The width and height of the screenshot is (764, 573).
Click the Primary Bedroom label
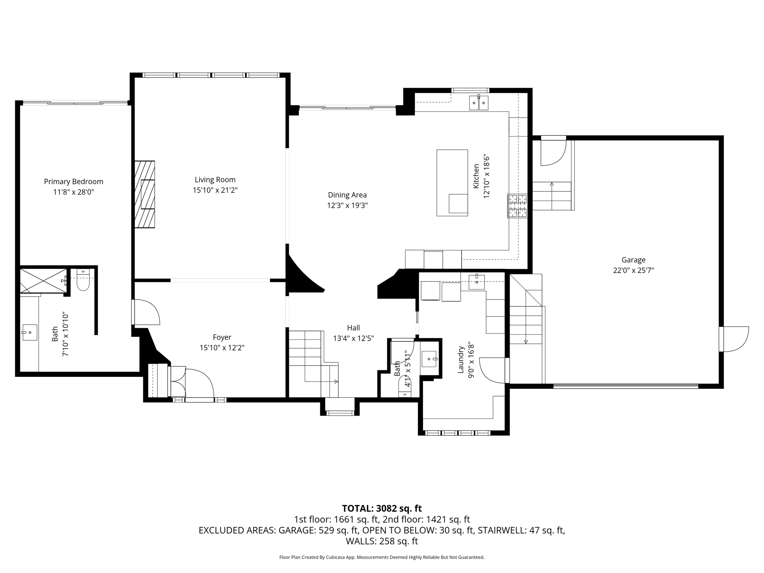[x=73, y=182]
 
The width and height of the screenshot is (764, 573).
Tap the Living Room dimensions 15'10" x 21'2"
[x=215, y=190]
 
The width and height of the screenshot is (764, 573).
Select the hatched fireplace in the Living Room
[x=145, y=194]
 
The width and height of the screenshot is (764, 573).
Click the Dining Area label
[x=347, y=195]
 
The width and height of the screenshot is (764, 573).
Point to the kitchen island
[x=452, y=183]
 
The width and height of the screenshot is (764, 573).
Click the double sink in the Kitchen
[x=479, y=103]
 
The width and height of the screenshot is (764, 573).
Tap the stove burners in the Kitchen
[x=517, y=206]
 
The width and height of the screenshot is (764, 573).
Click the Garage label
[x=633, y=260]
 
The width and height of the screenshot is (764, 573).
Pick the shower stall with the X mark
[x=43, y=281]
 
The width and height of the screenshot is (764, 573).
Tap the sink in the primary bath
[x=29, y=332]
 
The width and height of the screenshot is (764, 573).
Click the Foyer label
[x=222, y=337]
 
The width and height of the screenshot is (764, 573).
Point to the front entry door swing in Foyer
[x=199, y=382]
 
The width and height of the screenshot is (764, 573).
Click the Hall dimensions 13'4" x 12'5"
[x=353, y=338]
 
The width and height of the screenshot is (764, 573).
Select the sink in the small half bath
[x=429, y=359]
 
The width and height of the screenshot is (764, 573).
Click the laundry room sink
[x=477, y=282]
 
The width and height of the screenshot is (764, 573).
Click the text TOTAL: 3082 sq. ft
[x=382, y=508]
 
